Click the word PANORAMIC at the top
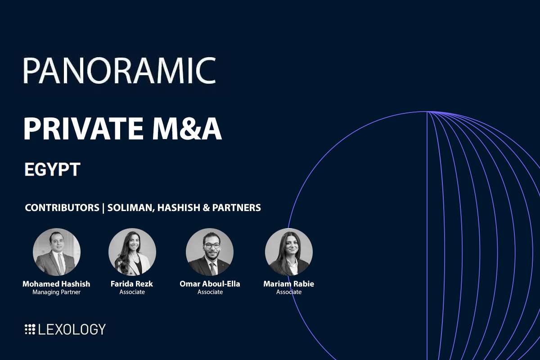point(119,70)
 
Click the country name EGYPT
point(52,170)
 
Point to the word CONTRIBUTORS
point(62,208)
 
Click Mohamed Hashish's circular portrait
point(57,252)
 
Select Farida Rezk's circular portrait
point(132,252)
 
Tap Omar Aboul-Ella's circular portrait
point(210,252)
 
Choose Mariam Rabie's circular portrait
point(289,252)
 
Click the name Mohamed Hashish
point(56,284)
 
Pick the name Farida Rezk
point(132,284)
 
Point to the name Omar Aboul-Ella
point(210,284)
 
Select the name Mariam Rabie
point(289,284)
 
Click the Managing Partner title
point(56,292)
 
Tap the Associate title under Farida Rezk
point(132,292)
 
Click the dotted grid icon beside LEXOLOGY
point(30,329)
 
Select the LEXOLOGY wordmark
point(72,329)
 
